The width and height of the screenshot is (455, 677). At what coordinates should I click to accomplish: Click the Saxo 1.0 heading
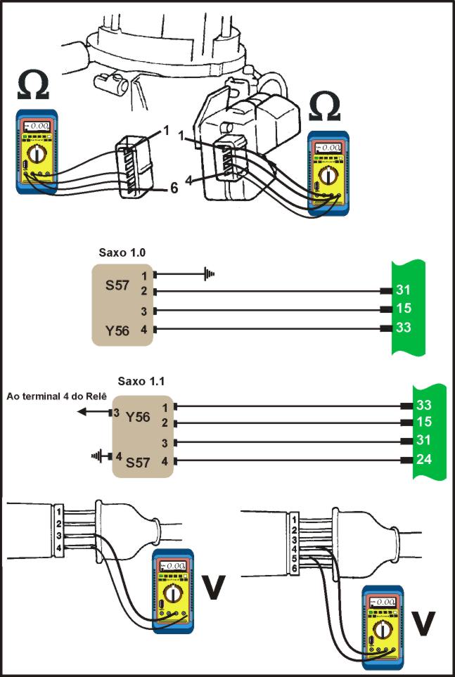point(118,251)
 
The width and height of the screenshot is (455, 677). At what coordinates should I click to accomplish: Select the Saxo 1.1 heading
point(142,382)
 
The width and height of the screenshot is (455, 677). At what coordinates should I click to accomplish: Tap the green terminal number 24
point(424,461)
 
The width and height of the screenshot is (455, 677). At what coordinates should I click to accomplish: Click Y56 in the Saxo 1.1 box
point(139,416)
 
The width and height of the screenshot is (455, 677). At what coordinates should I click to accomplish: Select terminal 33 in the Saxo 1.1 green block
point(424,406)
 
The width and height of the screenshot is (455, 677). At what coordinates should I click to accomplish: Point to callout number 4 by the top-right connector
point(188,181)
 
